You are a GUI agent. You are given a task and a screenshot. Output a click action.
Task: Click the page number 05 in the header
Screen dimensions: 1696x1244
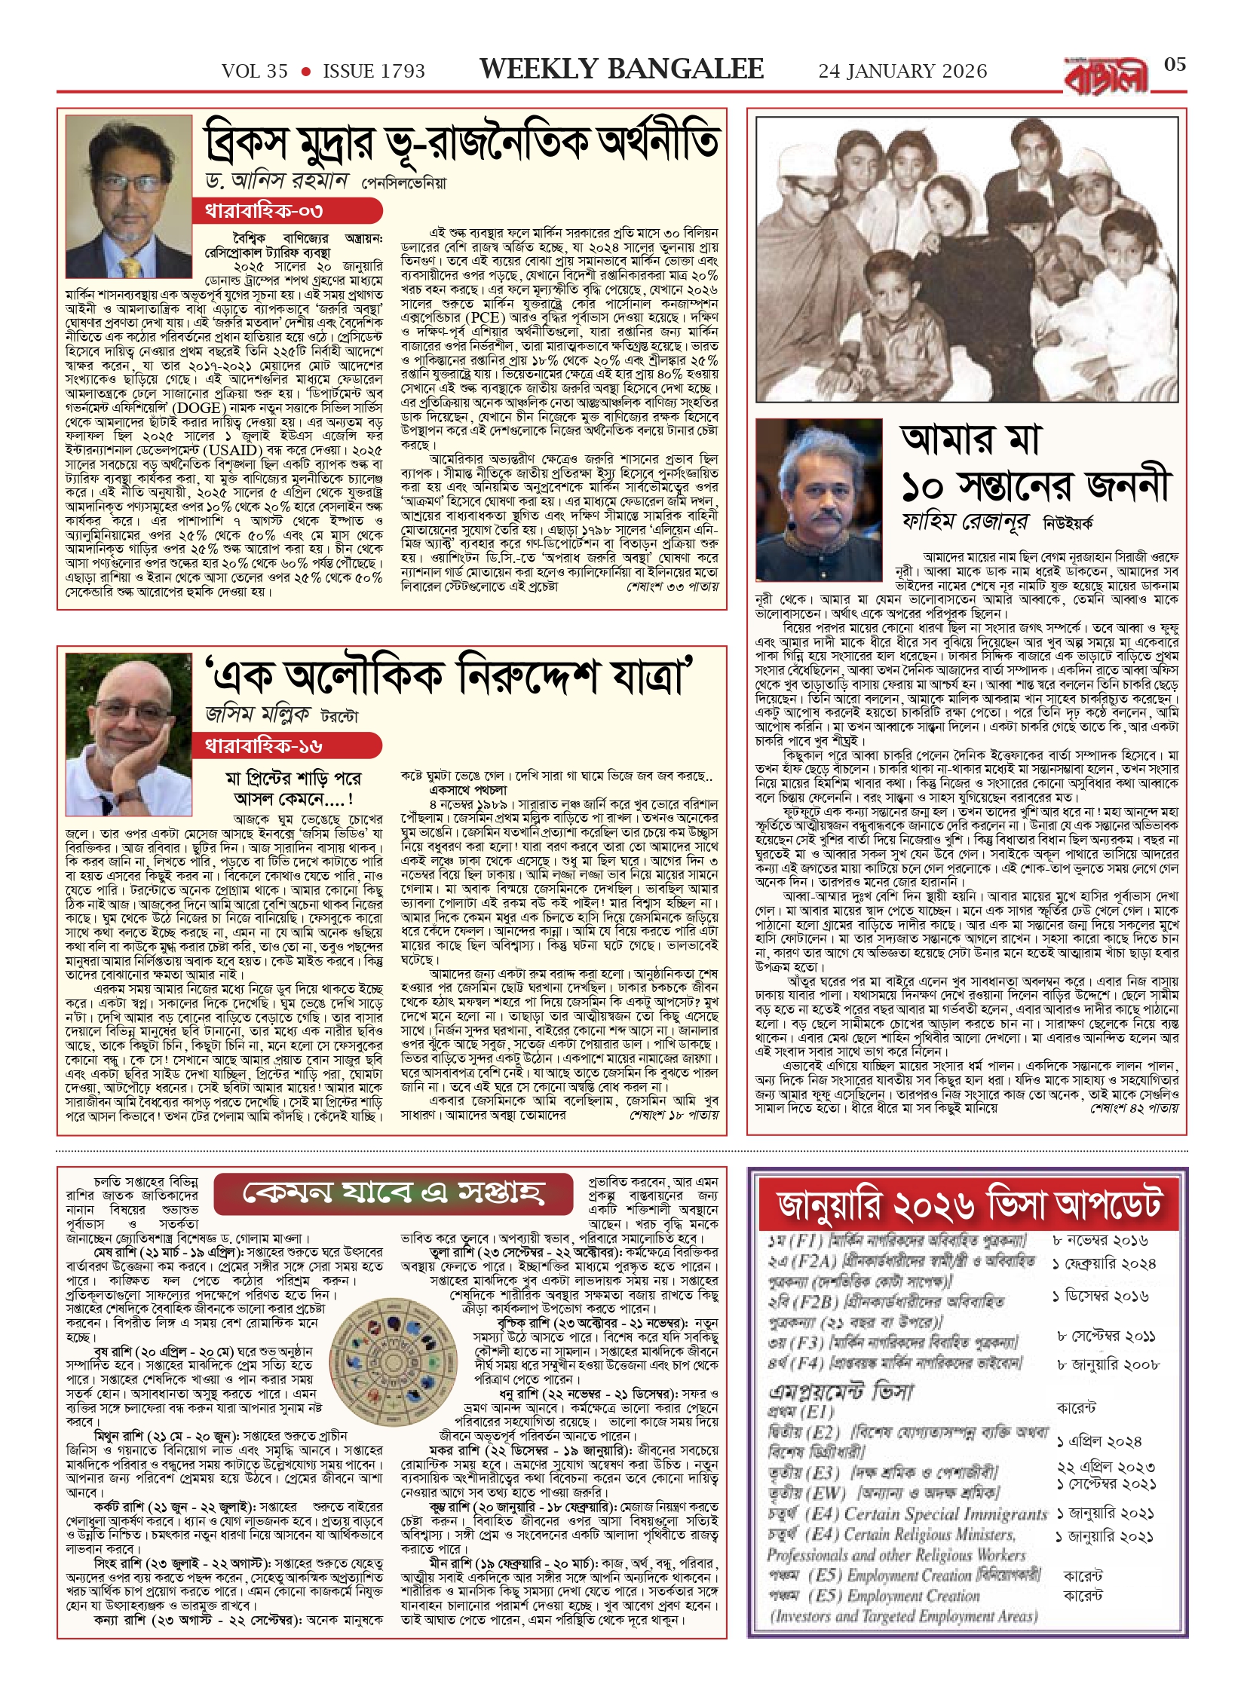point(1175,64)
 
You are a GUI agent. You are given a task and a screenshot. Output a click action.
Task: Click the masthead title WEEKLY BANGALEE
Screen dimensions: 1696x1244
point(621,69)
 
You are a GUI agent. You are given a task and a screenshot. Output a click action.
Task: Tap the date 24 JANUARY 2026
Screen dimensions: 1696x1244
point(902,72)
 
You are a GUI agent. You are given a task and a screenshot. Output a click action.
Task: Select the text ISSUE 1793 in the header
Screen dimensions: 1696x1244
point(374,72)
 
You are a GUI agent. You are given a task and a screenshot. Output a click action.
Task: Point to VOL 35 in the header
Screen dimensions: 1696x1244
point(255,72)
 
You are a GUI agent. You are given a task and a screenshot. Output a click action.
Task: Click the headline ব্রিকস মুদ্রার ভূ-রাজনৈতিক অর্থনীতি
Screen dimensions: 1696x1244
point(461,143)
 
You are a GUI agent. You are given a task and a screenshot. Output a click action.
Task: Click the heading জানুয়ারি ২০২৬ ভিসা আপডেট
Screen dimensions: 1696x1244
point(969,1204)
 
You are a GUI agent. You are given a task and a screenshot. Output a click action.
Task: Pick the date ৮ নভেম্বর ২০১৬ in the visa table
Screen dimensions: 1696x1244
point(1102,1241)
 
